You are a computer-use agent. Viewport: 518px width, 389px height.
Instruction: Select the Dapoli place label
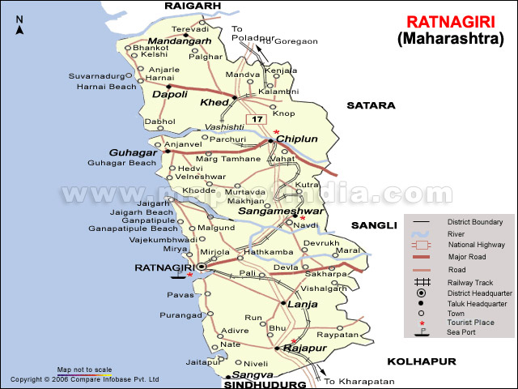[x=170, y=95]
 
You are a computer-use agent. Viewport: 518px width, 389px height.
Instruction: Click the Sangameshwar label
[x=269, y=211]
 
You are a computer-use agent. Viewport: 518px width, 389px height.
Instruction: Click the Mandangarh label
[x=180, y=41]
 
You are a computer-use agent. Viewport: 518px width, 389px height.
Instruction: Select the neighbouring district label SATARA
[x=371, y=105]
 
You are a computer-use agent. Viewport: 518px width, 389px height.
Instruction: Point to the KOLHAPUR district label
[x=421, y=361]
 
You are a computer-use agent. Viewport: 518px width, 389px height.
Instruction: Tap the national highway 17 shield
[x=257, y=120]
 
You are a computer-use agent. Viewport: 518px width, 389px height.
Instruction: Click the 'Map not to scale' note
[x=84, y=370]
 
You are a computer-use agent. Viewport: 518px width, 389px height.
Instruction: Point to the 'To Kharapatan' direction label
[x=359, y=381]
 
